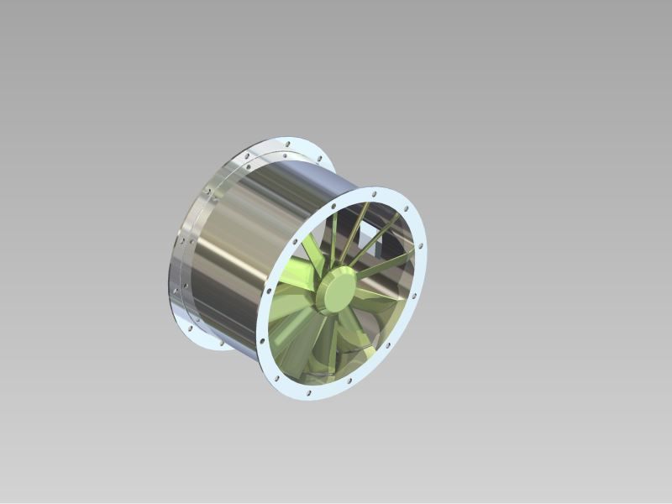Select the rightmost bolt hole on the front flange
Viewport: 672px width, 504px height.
(420, 248)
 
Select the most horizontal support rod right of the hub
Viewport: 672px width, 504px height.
(382, 266)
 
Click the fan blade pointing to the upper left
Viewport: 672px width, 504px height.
(312, 251)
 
